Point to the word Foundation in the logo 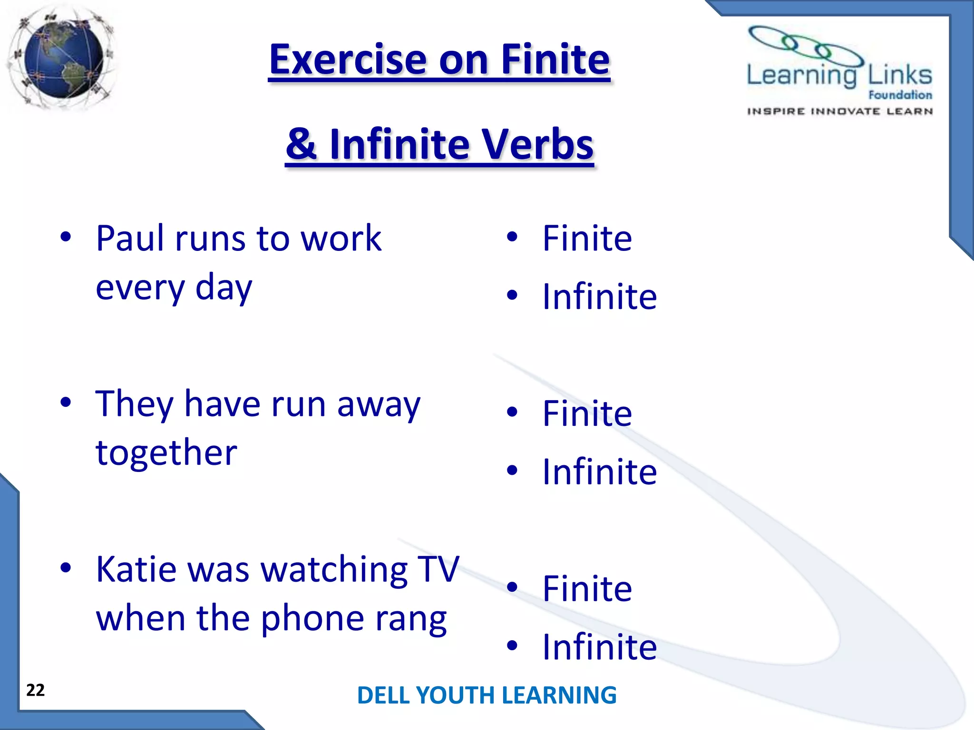click(900, 95)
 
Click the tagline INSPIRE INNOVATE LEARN click(840, 111)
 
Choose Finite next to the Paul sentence click(587, 238)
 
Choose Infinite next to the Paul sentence click(599, 297)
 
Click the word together click(166, 453)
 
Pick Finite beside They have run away click(587, 413)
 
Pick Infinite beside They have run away click(599, 471)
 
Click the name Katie click(137, 569)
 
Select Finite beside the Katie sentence click(587, 588)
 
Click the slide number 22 click(36, 690)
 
